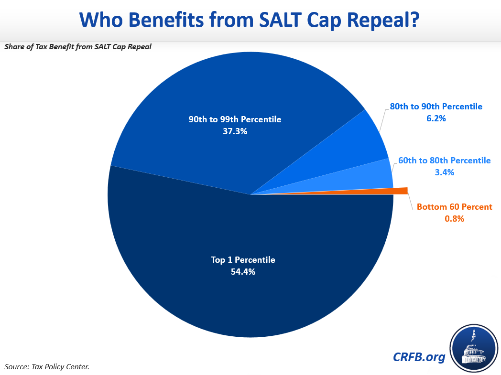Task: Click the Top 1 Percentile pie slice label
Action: tap(243, 260)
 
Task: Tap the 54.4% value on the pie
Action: tap(243, 272)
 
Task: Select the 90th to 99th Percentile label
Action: tap(235, 119)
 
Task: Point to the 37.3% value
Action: tap(235, 131)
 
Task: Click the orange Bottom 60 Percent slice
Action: tap(400, 191)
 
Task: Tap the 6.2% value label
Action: tap(436, 118)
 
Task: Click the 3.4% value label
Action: tap(444, 172)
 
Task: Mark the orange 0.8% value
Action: tap(454, 219)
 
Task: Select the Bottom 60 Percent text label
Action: tap(454, 207)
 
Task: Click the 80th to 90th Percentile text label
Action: tap(436, 107)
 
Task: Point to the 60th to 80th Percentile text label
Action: tap(444, 161)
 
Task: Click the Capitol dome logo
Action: tap(473, 348)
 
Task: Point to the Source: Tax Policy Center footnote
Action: tap(47, 367)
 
